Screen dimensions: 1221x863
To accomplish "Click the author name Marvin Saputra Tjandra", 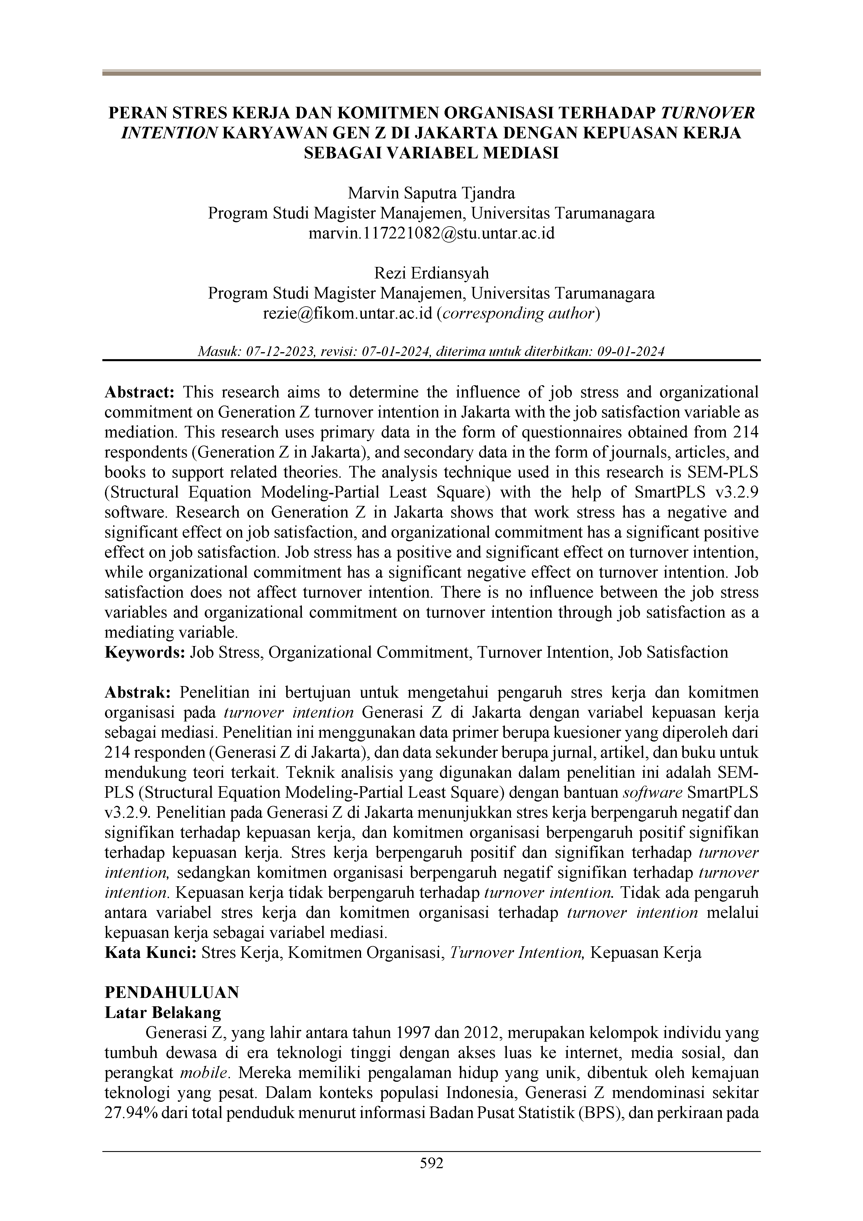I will pyautogui.click(x=431, y=193).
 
